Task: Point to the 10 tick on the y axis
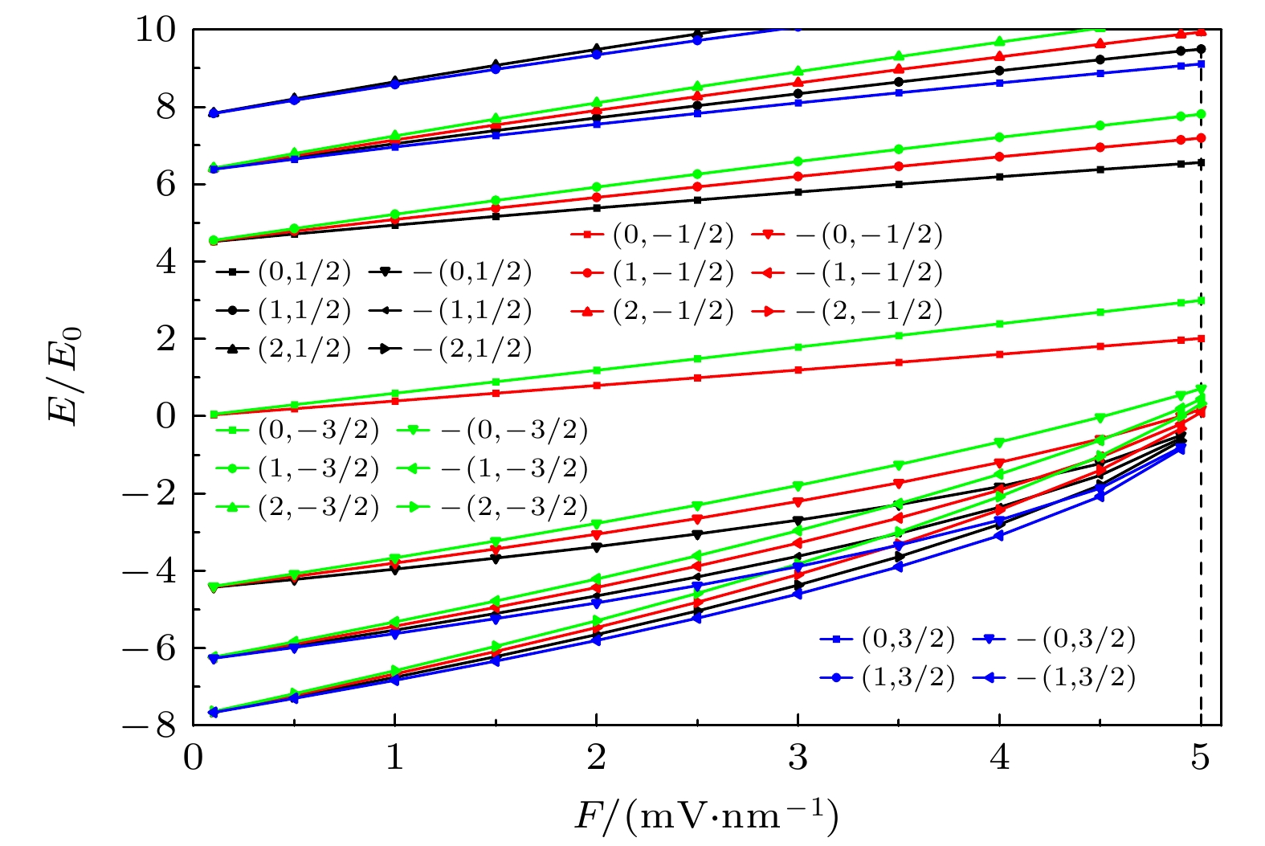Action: (156, 31)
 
